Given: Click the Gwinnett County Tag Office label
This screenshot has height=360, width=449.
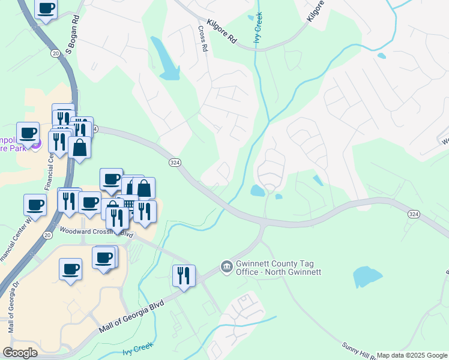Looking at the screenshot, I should coord(278,267).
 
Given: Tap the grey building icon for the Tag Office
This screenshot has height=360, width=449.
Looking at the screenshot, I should coord(226,266).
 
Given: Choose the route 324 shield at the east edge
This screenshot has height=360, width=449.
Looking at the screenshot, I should coord(413,214).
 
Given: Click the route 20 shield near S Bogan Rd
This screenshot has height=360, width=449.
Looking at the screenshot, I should coord(55,53).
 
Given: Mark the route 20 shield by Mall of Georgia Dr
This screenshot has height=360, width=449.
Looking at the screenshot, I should coord(46,235).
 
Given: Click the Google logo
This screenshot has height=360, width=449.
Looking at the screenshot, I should coord(20,353).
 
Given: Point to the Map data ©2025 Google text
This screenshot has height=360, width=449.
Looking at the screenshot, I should coord(412,355).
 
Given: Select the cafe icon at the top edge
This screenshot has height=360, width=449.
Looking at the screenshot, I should coord(46,8).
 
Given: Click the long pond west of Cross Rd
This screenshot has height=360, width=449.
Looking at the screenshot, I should coord(166,60).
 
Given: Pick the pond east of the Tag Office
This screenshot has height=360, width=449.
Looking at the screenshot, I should coord(367,277).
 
